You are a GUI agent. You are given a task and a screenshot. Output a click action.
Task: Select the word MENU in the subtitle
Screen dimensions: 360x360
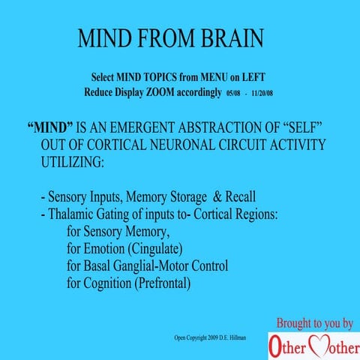[x=210, y=78]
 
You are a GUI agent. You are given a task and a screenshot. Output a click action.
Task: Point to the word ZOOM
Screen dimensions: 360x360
[x=178, y=92]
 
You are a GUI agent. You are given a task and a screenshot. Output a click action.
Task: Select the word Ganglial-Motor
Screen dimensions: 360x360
[x=172, y=265]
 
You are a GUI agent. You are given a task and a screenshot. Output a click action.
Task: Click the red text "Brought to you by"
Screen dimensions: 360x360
[x=315, y=323]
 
